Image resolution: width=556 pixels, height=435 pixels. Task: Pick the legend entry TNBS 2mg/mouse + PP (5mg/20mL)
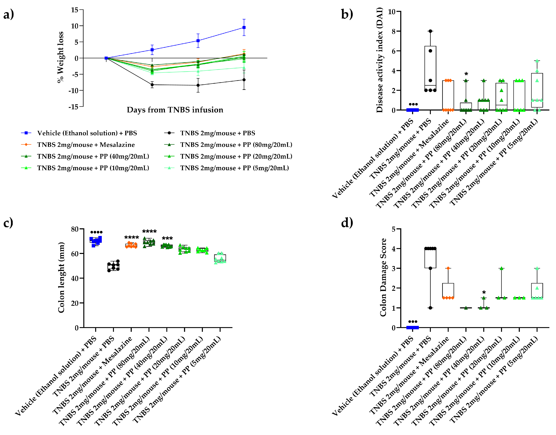[x=234, y=168]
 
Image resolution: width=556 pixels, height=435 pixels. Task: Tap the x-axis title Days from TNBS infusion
[x=175, y=110]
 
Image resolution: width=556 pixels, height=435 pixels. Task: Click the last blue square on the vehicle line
[x=244, y=28]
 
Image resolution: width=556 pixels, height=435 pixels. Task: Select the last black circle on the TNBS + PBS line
[x=244, y=80]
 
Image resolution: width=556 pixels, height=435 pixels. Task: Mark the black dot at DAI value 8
[x=430, y=31]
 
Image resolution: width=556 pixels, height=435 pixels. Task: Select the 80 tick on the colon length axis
[x=75, y=229]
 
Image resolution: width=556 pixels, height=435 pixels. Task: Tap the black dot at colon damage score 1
[x=430, y=308]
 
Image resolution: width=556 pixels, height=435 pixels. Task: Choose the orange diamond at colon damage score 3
[x=448, y=268]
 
